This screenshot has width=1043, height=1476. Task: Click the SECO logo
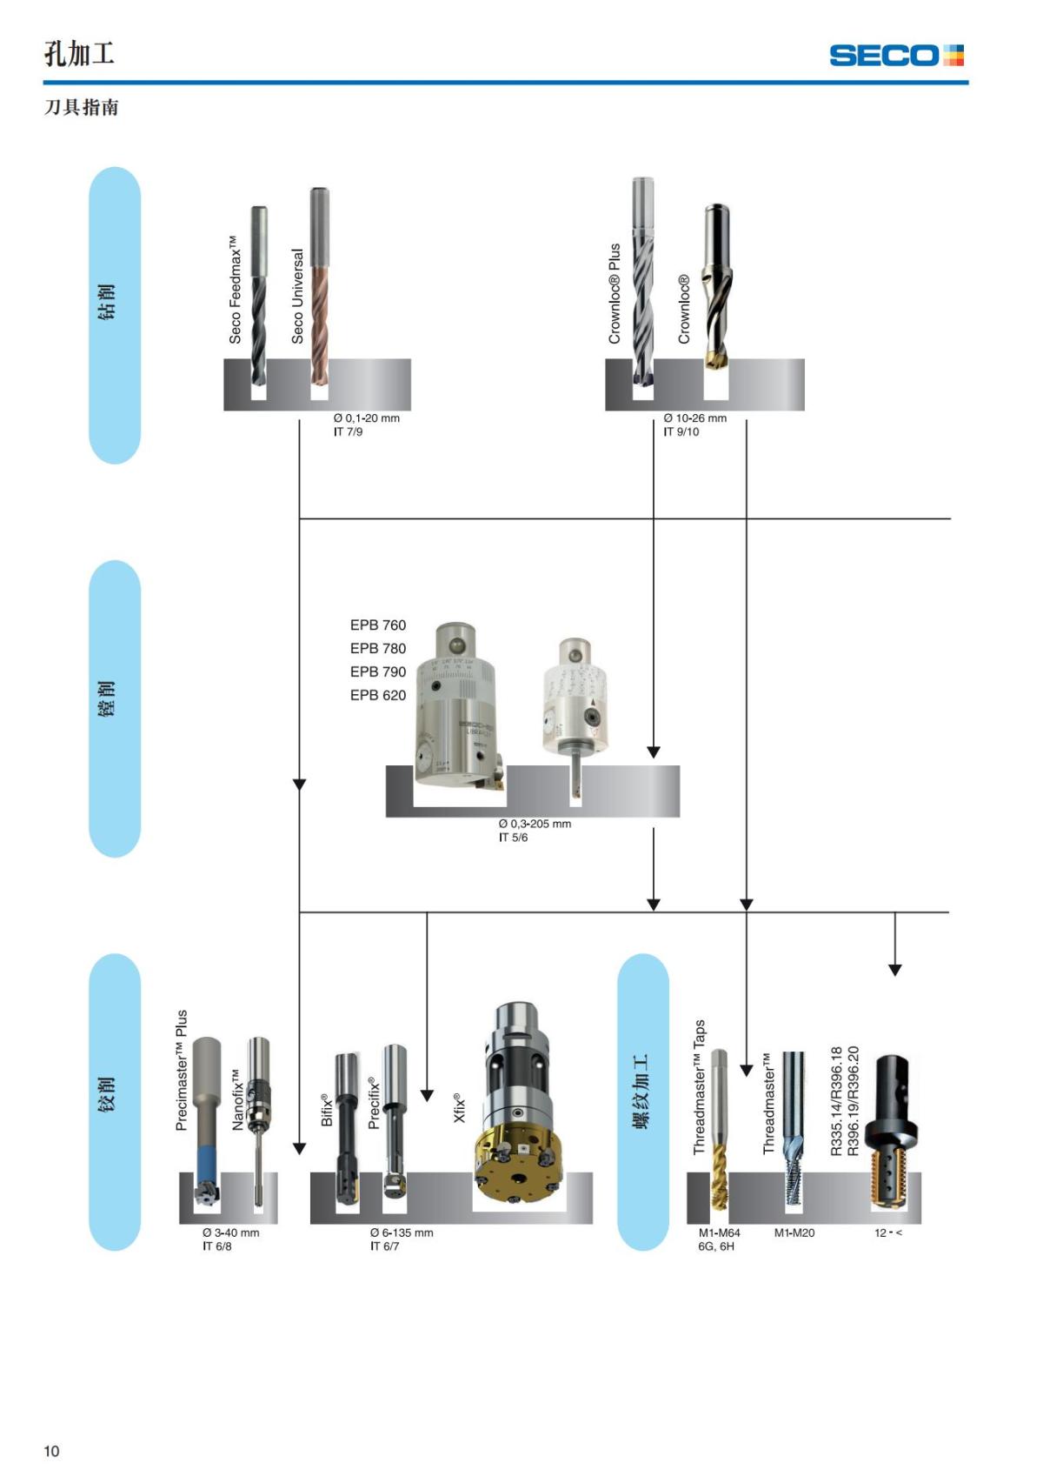[x=896, y=56]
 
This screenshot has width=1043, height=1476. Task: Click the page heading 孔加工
[x=79, y=54]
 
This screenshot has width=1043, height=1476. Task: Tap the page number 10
[x=51, y=1451]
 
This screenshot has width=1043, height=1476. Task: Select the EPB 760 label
[x=377, y=625]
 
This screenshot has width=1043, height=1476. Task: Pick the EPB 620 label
[x=377, y=695]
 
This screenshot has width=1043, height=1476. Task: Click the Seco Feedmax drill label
[x=235, y=289]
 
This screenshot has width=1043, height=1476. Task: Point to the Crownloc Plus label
[x=615, y=293]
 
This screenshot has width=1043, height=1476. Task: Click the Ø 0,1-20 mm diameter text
[x=366, y=418]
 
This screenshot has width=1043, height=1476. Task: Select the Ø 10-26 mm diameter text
[x=694, y=418]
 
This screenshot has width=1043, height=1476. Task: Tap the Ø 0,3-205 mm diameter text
[x=535, y=824]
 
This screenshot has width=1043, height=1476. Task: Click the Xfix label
[x=460, y=1107]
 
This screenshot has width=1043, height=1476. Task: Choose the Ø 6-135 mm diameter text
[x=401, y=1232]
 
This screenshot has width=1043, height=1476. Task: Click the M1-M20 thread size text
[x=794, y=1232]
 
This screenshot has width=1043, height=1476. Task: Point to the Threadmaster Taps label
[x=700, y=1087]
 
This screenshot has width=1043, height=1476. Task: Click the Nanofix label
[x=237, y=1100]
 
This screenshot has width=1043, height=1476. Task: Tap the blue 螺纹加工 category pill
[x=642, y=1101]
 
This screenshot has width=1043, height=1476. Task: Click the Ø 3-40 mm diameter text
[x=230, y=1232]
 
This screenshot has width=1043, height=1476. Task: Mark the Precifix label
[x=374, y=1103]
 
